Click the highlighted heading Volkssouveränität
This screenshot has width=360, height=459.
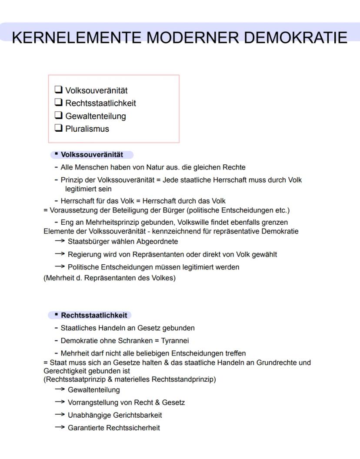point(92,155)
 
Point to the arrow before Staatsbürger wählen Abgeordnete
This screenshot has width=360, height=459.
point(60,241)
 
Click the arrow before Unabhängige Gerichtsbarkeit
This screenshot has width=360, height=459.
point(60,415)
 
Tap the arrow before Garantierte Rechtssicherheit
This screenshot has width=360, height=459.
point(60,428)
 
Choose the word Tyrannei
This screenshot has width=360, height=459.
point(177,340)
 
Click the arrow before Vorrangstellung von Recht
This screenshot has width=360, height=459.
point(60,402)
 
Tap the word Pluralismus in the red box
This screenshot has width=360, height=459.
point(87,129)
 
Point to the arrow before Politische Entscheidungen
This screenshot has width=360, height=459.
point(60,267)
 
